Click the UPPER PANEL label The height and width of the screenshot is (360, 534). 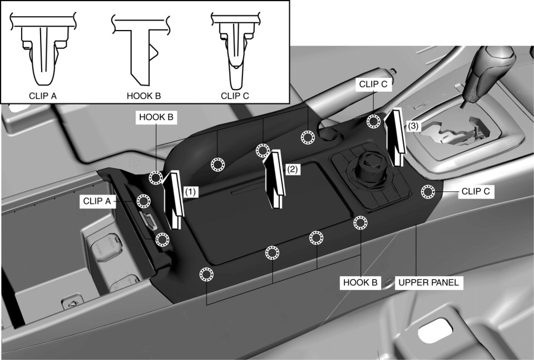(x=428, y=282)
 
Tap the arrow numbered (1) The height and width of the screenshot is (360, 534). (x=174, y=199)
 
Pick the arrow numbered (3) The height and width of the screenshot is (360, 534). (x=395, y=137)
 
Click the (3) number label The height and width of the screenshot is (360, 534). (x=413, y=126)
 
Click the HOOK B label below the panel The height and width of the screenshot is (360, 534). (x=360, y=282)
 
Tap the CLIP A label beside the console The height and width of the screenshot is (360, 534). (x=97, y=201)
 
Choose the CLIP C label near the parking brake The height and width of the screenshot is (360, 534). (x=373, y=84)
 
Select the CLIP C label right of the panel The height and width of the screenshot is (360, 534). (x=476, y=191)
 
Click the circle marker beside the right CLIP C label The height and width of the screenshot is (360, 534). (x=427, y=192)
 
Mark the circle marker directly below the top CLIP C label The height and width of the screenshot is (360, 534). (x=374, y=121)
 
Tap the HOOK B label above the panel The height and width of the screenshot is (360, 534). (x=156, y=117)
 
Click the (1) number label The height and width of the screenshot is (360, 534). (x=190, y=192)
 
